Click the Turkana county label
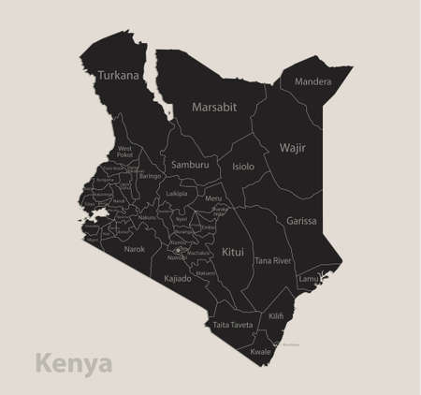(118, 75)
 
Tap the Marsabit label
(214, 108)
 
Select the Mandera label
(312, 81)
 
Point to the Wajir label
(293, 147)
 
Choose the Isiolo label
(243, 166)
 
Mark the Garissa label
(301, 222)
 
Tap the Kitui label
(233, 252)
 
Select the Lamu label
(308, 279)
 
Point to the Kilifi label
(276, 317)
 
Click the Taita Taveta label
(233, 324)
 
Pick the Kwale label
(261, 351)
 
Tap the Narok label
(135, 250)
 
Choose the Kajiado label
(178, 278)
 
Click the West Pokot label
(124, 152)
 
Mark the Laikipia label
(176, 194)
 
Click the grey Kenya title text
(73, 362)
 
